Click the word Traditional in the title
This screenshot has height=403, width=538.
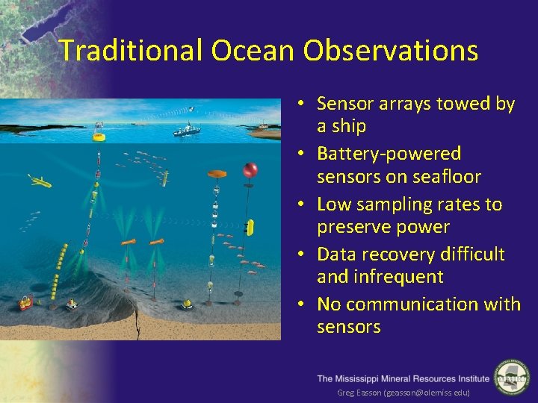click(131, 51)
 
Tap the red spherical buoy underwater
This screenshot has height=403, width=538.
click(250, 170)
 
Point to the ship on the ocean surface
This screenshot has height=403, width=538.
click(186, 130)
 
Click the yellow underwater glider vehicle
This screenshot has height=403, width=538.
click(39, 181)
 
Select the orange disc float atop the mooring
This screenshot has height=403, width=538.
click(217, 174)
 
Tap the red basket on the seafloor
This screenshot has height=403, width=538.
click(26, 302)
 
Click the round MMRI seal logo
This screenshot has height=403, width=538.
click(512, 377)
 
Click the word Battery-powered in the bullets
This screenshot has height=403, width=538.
click(389, 154)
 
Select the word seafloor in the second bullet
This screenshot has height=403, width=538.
click(447, 177)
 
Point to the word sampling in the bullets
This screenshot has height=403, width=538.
click(388, 204)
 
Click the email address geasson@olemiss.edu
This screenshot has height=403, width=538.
click(425, 393)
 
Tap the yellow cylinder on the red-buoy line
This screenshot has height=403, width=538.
click(251, 226)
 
